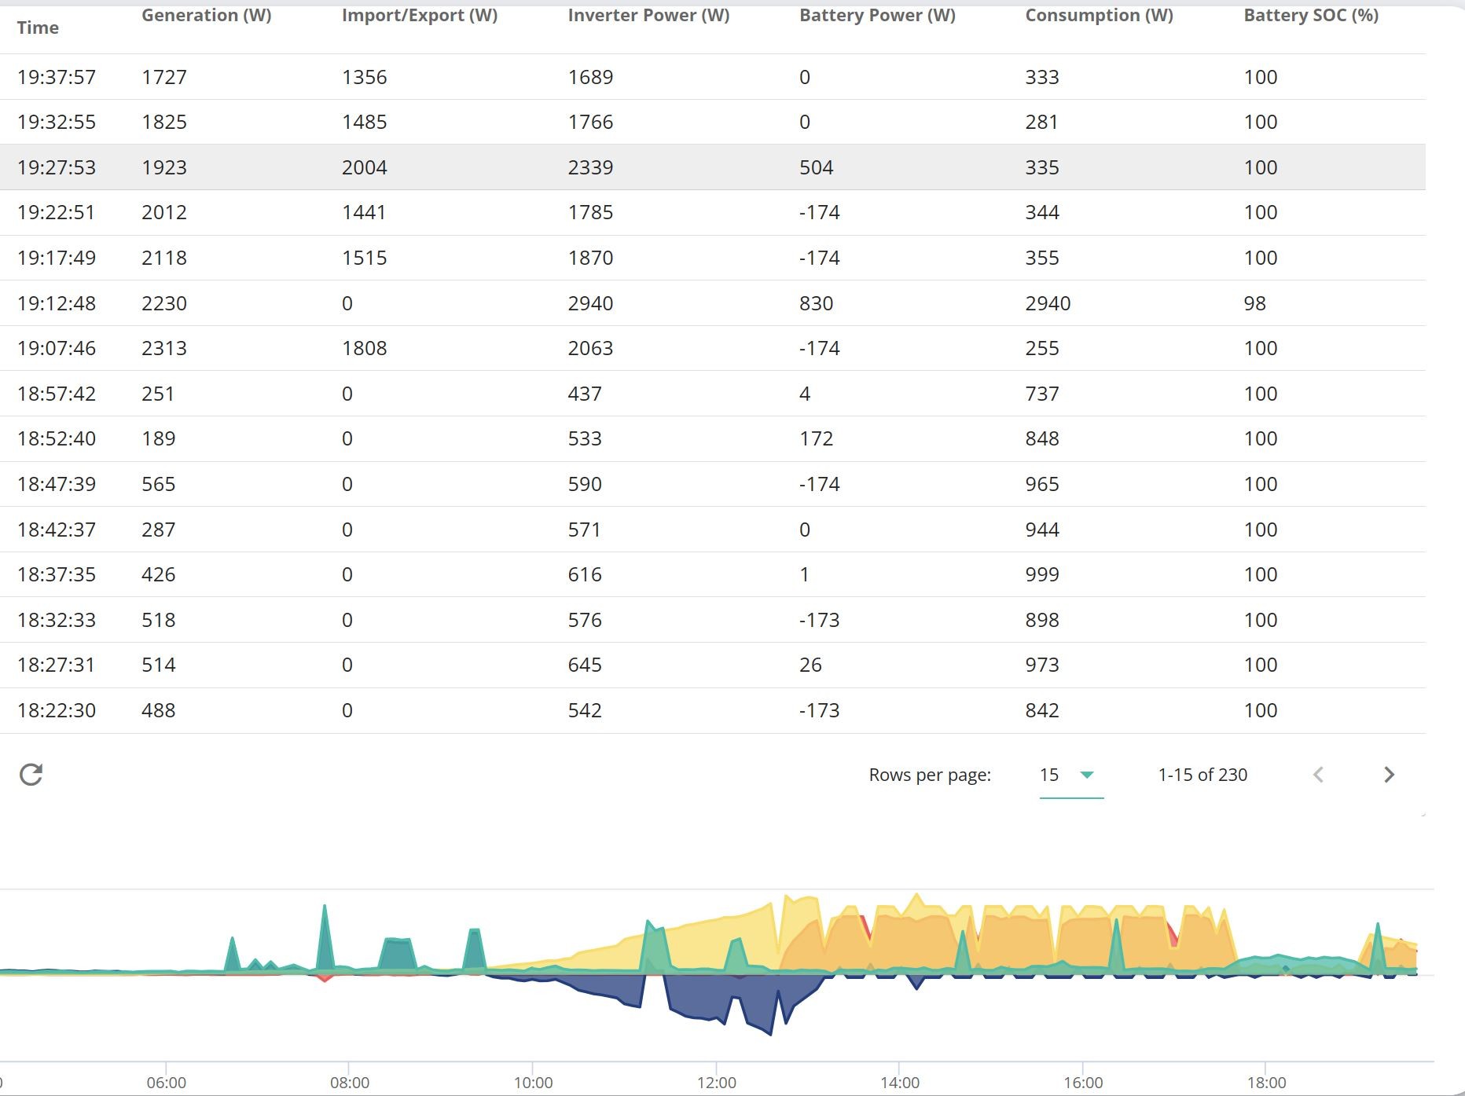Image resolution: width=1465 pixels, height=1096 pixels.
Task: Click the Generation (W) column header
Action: coord(206,16)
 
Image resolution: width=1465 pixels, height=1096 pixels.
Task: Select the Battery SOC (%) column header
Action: coord(1311,16)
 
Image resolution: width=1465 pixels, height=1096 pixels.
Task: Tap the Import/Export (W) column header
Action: coord(420,16)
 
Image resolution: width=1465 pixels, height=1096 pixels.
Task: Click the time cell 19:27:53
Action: coord(57,167)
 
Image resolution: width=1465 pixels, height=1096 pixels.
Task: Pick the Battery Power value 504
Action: coord(816,167)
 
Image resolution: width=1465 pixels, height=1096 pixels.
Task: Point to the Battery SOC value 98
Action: coord(1254,303)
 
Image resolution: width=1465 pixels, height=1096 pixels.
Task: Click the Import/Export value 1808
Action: coord(365,348)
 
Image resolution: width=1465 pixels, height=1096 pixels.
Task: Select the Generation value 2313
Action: coord(164,348)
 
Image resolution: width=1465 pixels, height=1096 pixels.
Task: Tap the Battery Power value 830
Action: coord(816,303)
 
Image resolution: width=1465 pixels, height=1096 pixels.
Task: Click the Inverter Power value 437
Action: coord(585,394)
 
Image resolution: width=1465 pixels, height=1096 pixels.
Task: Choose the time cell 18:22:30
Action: coord(57,710)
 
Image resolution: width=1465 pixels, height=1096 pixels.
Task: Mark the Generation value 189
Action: coord(159,438)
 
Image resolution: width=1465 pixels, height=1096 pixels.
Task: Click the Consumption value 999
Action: coord(1042,574)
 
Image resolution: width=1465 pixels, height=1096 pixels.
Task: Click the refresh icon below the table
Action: coord(31,775)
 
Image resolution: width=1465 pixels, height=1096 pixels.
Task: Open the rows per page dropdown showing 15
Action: coord(1071,775)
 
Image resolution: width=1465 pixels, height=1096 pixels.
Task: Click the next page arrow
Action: coord(1389,775)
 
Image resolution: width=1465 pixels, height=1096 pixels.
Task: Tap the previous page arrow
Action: coord(1318,775)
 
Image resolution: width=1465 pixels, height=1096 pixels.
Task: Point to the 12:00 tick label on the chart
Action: coord(717,1083)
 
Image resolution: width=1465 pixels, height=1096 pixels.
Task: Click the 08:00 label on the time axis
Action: coord(350,1083)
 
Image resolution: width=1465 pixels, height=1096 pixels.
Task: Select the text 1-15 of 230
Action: coord(1202,775)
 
